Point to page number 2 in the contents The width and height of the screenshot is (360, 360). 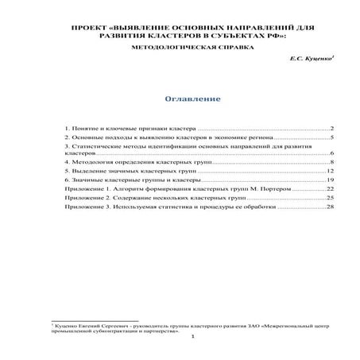tap(331, 128)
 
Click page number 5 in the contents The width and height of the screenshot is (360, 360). tap(331, 138)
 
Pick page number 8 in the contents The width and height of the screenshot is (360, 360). tap(331, 161)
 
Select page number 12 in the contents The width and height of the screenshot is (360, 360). tap(329, 171)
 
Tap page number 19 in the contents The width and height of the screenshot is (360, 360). tap(329, 181)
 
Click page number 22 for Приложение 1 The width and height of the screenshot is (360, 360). tap(329, 191)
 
